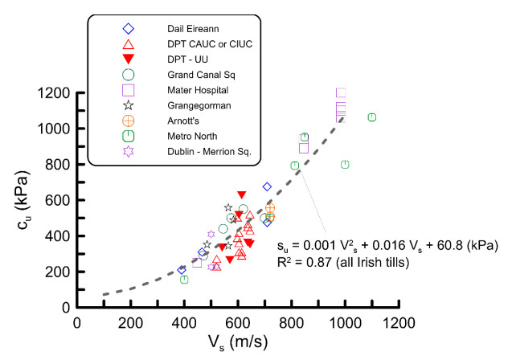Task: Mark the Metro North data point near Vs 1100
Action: [x=372, y=117]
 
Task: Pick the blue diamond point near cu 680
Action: [x=267, y=186]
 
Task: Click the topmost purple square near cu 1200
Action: [x=341, y=93]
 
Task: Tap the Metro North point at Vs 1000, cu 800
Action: [x=345, y=165]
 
